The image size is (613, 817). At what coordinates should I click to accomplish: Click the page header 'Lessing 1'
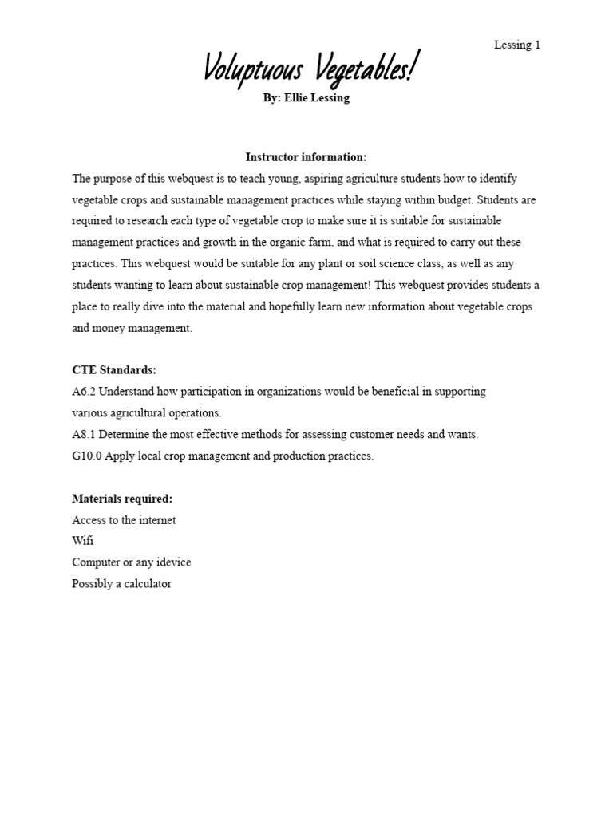point(516,45)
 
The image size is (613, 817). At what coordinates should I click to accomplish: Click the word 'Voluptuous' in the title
point(251,70)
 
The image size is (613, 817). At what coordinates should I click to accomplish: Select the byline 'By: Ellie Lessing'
point(306,98)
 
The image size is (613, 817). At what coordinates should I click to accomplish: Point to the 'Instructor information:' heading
point(306,157)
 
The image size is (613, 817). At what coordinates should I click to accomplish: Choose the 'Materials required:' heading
point(122,499)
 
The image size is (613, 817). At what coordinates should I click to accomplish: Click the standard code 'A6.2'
point(84,392)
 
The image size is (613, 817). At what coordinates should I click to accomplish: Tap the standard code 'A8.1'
point(84,435)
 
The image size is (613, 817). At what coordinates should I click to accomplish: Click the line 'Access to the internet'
point(124,520)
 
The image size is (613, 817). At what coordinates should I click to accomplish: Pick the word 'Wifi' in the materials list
point(83,541)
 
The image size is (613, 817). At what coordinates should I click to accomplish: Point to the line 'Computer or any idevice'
point(132,562)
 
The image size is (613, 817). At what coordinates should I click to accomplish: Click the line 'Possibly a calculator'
point(122,584)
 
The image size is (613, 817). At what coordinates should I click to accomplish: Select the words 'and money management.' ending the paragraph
point(132,328)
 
